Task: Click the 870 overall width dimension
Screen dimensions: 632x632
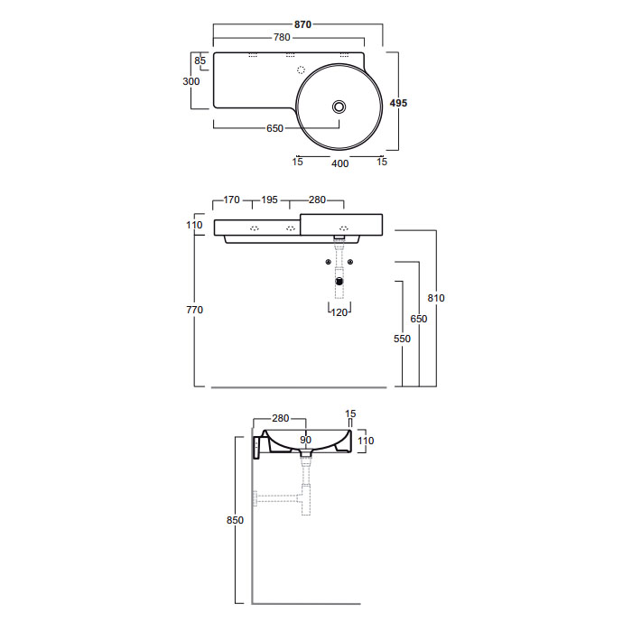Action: point(302,24)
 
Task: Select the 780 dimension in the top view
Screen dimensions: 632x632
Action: point(282,38)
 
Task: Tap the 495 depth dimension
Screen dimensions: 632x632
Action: point(398,103)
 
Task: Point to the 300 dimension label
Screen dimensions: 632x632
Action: point(191,81)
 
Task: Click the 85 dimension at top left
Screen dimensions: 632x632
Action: point(200,60)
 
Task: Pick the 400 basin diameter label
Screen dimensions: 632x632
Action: point(339,163)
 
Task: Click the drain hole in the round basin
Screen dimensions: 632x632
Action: point(339,107)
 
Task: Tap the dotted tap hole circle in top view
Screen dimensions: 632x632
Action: point(301,70)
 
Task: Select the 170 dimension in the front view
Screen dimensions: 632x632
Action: point(231,200)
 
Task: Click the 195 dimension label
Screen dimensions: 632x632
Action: point(269,200)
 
